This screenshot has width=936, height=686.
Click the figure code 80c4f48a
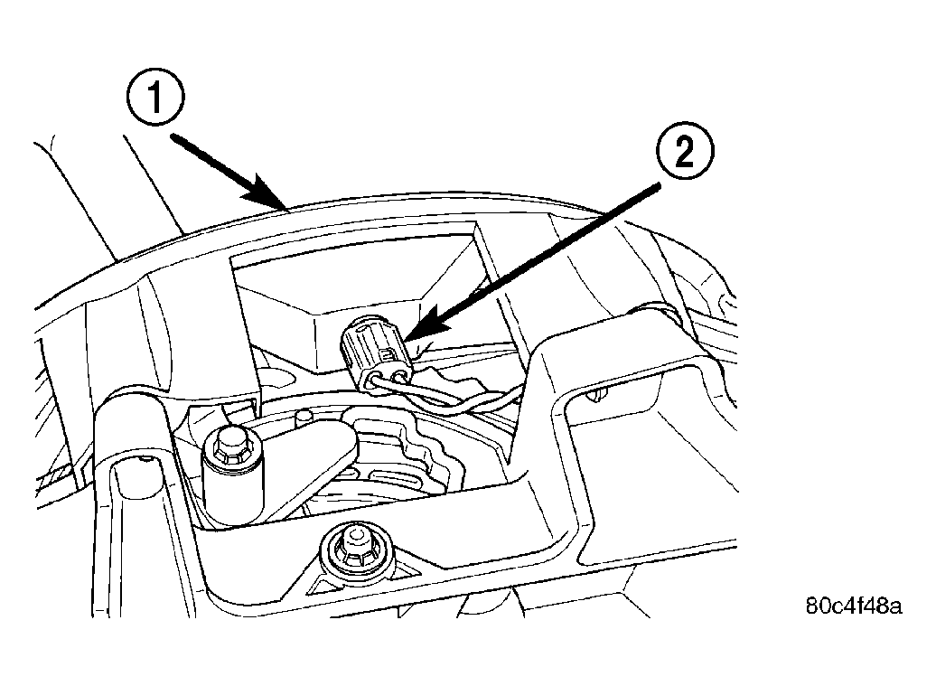pyautogui.click(x=854, y=606)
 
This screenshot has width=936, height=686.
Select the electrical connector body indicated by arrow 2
pyautogui.click(x=375, y=353)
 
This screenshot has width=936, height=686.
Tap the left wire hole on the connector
pyautogui.click(x=375, y=381)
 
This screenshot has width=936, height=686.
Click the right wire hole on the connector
pyautogui.click(x=399, y=374)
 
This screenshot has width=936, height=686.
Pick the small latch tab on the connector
pyautogui.click(x=388, y=356)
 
